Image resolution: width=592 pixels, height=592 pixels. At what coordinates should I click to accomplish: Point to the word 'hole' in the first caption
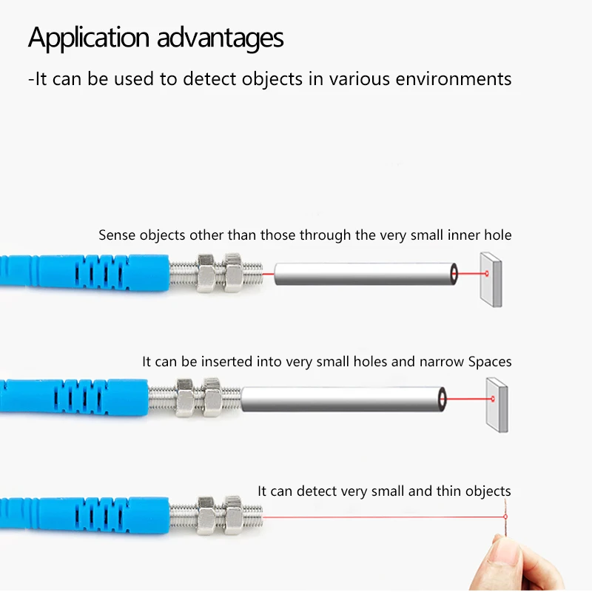coord(497,235)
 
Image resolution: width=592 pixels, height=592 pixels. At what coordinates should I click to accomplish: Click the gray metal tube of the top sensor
coord(363,274)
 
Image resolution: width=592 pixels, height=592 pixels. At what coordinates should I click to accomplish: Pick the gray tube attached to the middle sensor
coord(340,400)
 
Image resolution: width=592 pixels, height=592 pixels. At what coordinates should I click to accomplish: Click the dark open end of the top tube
coord(453,274)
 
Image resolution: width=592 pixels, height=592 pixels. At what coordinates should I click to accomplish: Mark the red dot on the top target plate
coord(487,275)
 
